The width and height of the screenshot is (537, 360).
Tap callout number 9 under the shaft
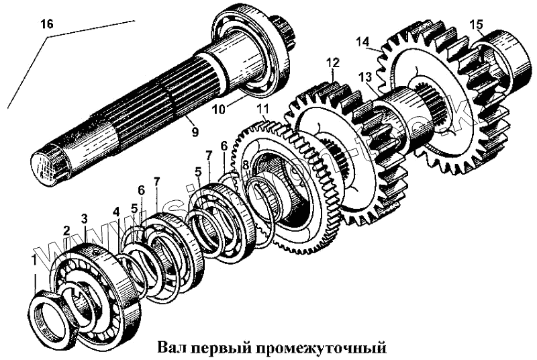coord(195,132)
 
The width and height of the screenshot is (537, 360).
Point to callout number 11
coord(262,108)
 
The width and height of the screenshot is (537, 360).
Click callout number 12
coord(333,63)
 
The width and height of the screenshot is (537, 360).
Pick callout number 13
coord(364,77)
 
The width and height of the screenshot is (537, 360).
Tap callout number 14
coord(362,42)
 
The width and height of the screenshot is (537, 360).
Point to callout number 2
coord(66,230)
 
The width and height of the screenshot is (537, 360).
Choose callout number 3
coord(84,219)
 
